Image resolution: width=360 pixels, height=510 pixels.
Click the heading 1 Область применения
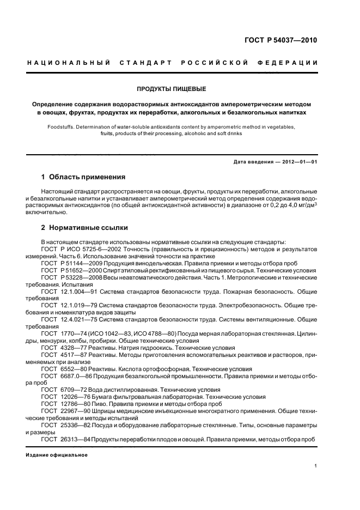click(x=83, y=177)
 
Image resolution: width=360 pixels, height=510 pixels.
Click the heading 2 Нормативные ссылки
click(x=85, y=228)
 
